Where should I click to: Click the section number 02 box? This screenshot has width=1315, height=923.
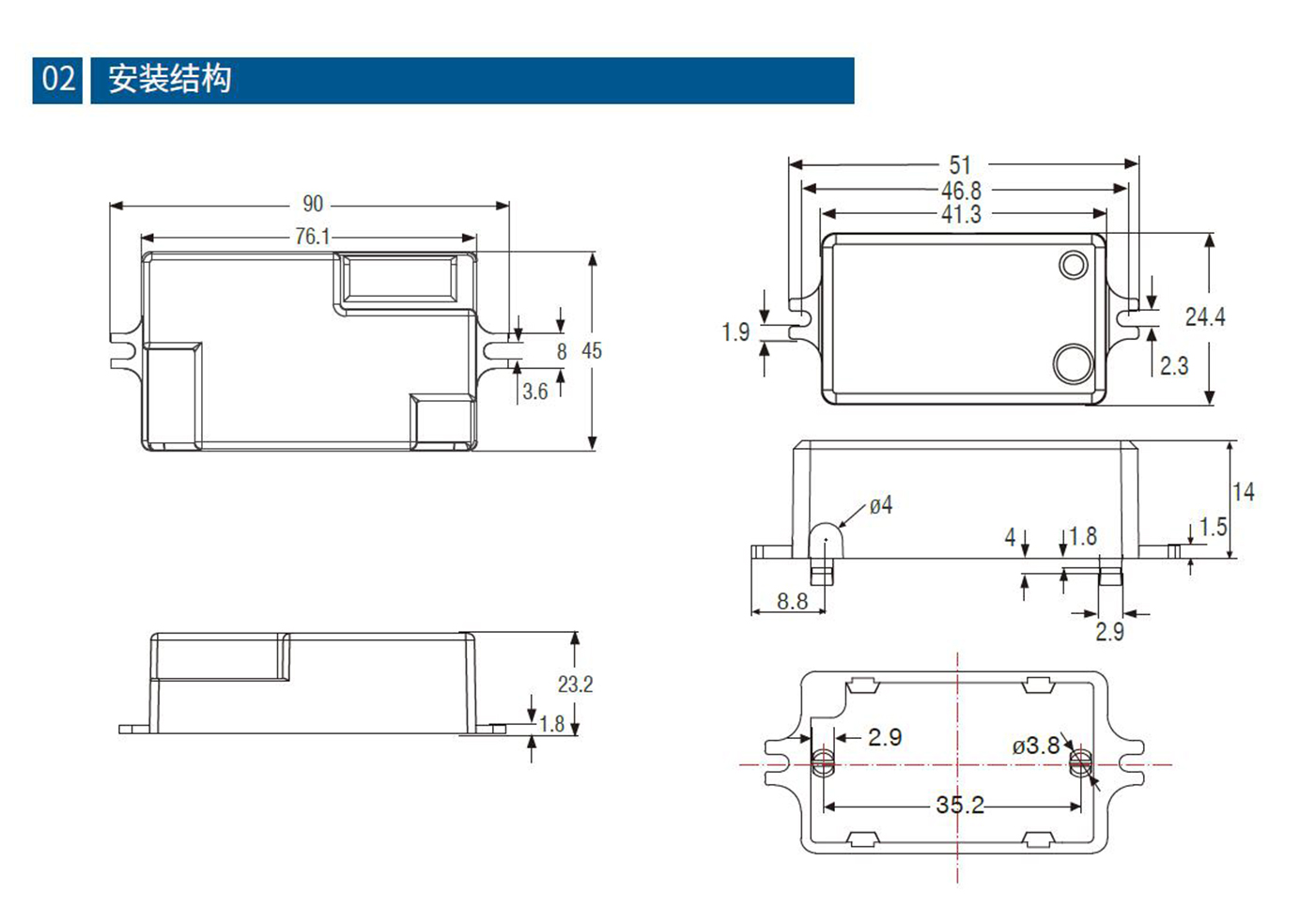[x=58, y=79]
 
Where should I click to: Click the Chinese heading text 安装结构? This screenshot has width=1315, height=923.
[x=169, y=79]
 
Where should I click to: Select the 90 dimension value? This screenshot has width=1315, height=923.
[x=313, y=204]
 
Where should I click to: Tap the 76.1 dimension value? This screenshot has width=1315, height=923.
[x=312, y=237]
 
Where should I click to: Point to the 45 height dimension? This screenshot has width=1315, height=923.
[x=592, y=351]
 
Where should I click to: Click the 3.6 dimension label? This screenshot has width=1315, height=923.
[x=535, y=392]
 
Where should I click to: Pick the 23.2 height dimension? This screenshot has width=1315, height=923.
[x=575, y=685]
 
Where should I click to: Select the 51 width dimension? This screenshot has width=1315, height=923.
[x=960, y=165]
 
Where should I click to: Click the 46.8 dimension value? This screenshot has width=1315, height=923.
[x=961, y=191]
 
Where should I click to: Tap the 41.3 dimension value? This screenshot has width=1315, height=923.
[x=961, y=215]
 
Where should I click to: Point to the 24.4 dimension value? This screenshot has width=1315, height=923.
[x=1205, y=317]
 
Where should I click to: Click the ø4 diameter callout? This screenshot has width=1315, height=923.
[x=880, y=506]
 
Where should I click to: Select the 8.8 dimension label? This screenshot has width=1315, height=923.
[x=792, y=602]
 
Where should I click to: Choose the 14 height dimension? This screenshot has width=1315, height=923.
[x=1244, y=492]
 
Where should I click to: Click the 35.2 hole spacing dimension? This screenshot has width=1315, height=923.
[x=960, y=805]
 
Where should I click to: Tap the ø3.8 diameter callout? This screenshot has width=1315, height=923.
[x=1036, y=746]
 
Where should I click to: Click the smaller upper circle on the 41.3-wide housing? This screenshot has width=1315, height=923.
[x=1074, y=265]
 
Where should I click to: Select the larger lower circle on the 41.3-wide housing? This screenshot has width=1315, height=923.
[x=1073, y=364]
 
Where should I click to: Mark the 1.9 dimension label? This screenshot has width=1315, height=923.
[x=735, y=332]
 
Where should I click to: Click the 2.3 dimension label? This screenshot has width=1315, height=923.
[x=1174, y=365]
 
